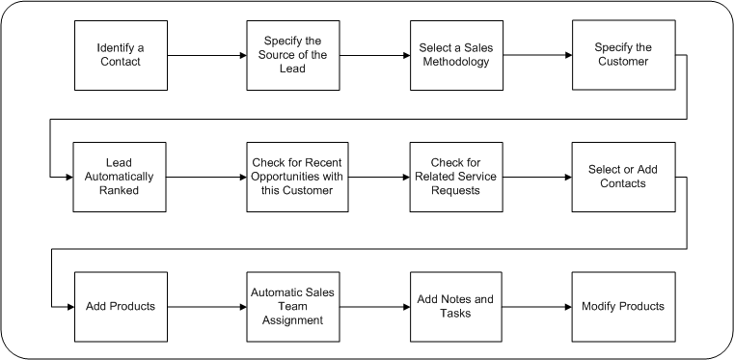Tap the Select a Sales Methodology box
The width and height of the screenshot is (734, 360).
pos(456,55)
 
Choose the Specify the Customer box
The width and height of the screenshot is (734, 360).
pos(622,55)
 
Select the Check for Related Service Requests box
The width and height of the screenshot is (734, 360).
pos(456,177)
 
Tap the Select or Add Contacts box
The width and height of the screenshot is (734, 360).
pos(622,177)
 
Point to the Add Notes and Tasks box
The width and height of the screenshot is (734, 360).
pos(456,306)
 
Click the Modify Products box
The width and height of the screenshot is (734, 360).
pos(622,306)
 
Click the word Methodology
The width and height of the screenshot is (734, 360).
pos(456,62)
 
